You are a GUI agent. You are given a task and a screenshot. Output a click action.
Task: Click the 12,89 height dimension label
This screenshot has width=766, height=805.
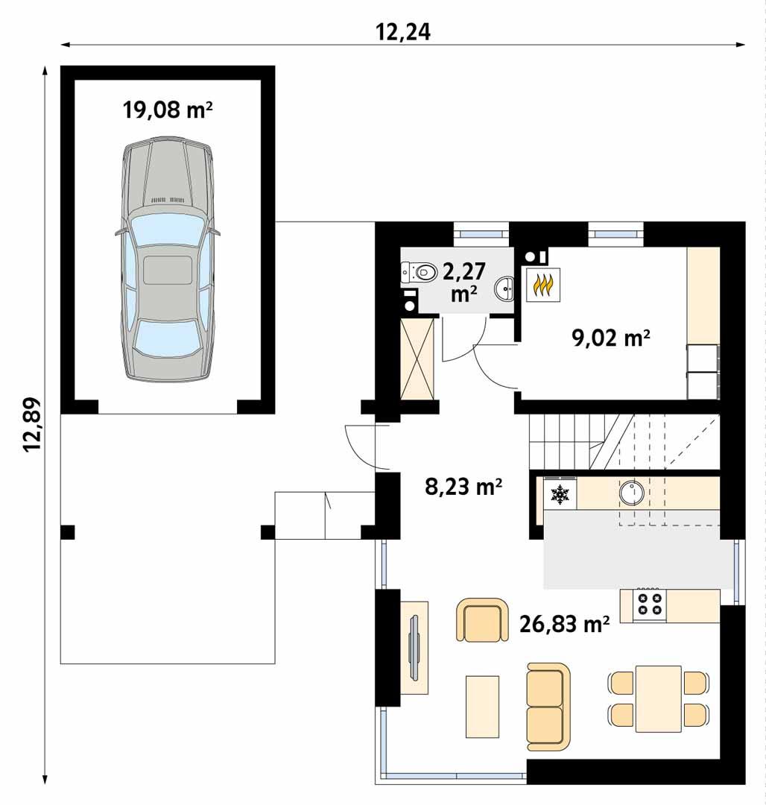tap(32, 424)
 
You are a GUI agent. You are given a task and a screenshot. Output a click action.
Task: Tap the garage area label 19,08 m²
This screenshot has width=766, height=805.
tap(168, 110)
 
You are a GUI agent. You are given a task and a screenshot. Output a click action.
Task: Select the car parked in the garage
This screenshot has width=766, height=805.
tap(168, 259)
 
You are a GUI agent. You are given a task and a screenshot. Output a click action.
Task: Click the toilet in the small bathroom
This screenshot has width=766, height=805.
tap(421, 272)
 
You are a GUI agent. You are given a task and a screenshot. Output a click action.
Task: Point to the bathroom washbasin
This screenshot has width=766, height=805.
tap(505, 286)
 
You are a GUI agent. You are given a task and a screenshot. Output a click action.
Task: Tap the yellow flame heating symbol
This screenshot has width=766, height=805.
tap(545, 284)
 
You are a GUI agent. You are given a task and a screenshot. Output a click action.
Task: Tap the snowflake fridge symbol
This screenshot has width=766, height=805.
tap(559, 493)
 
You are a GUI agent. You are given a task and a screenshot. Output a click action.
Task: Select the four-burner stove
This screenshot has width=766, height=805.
tap(647, 604)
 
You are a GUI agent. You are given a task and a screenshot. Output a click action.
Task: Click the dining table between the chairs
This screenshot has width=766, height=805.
tap(658, 699)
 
